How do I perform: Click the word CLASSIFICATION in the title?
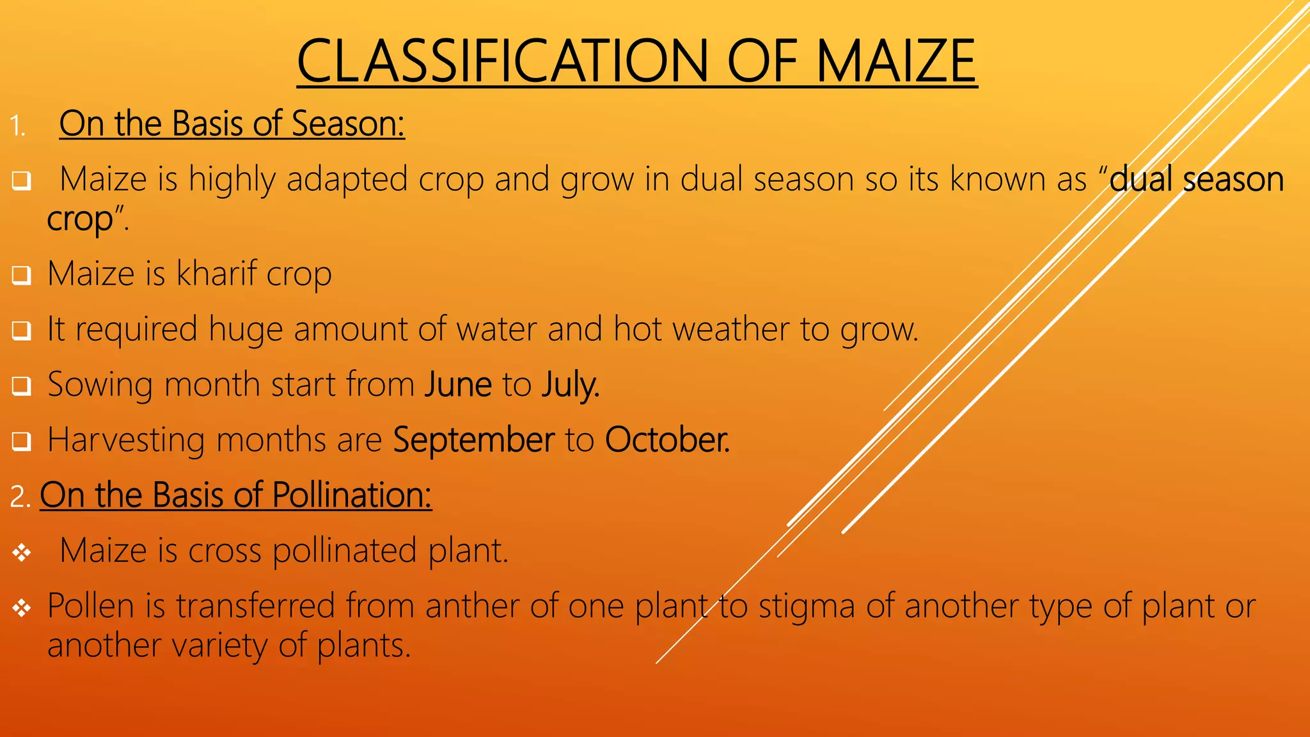point(502,61)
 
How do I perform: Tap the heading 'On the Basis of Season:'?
point(232,123)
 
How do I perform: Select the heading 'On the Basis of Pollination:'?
point(235,495)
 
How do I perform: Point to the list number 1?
point(17,126)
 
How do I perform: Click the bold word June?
point(458,384)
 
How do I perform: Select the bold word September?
point(473,440)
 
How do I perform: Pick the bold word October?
point(667,440)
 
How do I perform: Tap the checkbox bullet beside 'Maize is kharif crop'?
point(21,276)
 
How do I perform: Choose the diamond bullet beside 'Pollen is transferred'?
point(22,608)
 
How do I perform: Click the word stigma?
point(807,606)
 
